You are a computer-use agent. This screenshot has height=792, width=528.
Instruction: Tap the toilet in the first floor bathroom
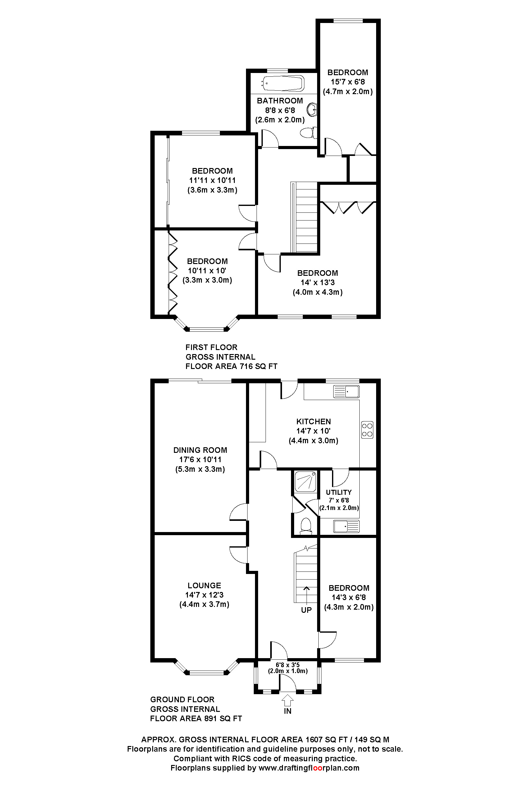308,132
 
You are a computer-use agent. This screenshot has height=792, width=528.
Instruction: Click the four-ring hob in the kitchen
367,430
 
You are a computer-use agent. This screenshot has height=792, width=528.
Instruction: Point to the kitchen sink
346,392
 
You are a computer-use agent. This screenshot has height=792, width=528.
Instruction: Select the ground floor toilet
306,525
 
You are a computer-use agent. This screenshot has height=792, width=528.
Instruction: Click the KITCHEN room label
313,421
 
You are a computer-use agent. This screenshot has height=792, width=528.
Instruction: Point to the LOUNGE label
204,585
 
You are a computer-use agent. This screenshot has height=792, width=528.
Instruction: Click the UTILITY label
339,492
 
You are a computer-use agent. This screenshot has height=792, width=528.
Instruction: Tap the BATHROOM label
280,101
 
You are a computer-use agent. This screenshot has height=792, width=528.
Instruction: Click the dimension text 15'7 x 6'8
348,82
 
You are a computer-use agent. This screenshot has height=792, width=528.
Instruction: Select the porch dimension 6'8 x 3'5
288,665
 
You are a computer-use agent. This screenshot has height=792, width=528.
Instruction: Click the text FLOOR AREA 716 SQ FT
231,366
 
